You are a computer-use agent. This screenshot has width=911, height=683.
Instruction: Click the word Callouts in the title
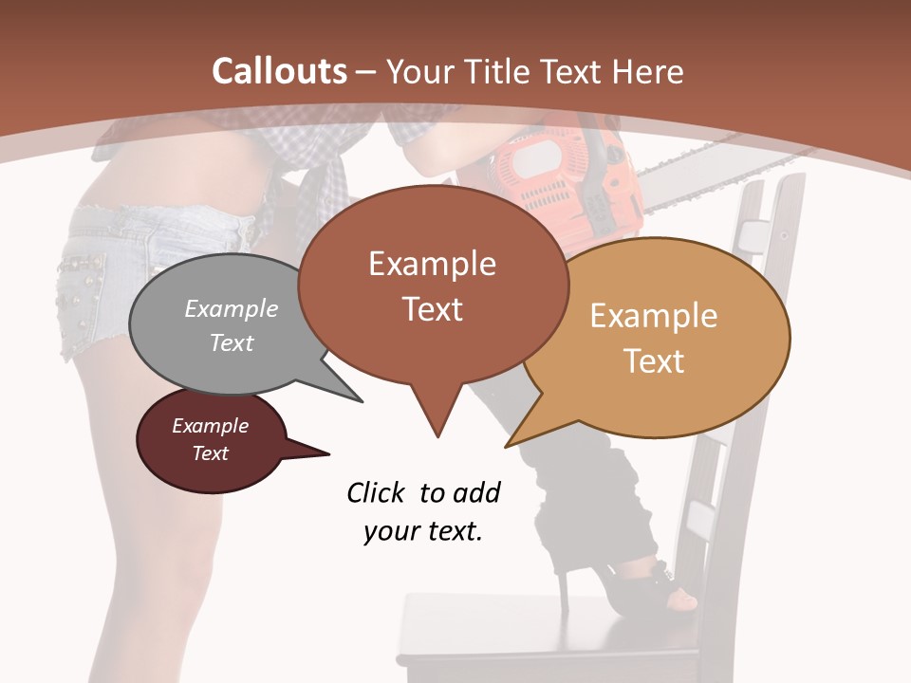click(x=279, y=71)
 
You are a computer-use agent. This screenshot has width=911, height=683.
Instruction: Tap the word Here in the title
click(x=648, y=71)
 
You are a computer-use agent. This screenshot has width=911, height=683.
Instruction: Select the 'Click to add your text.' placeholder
click(x=423, y=512)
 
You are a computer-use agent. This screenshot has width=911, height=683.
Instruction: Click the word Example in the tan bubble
click(x=654, y=316)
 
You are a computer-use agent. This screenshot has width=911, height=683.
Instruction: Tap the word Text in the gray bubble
click(x=232, y=343)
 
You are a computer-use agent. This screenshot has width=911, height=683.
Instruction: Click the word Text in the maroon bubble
click(x=211, y=453)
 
